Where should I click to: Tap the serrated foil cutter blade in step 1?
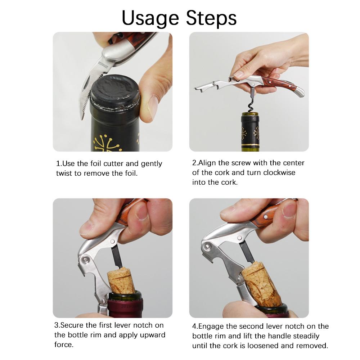pos(92,90)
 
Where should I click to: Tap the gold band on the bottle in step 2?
pos(250,145)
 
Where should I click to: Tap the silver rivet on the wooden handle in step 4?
pos(266,217)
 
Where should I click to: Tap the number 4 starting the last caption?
pos(194,327)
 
